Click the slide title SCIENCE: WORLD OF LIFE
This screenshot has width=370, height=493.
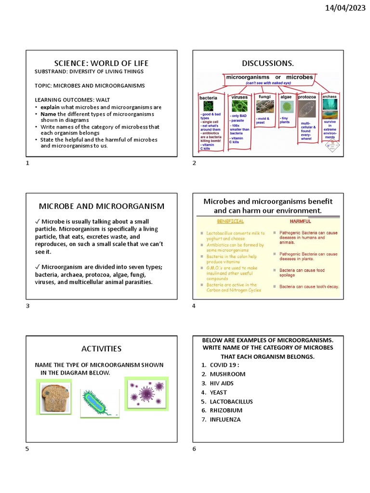point(101,63)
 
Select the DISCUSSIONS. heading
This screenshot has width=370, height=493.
point(268,63)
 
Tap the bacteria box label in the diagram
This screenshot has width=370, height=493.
point(208,98)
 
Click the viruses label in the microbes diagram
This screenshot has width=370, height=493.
point(239,97)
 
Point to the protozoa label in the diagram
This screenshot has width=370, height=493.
point(306,97)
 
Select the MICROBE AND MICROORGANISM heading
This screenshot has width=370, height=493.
point(101,206)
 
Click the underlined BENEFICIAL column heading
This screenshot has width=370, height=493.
point(230,221)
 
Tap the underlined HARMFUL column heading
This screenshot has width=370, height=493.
point(300,221)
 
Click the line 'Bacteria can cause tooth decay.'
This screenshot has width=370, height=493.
point(309,286)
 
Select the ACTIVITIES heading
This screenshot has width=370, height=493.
point(101,349)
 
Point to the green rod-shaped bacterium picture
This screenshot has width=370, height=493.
point(98,402)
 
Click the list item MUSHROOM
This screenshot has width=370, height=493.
point(227,374)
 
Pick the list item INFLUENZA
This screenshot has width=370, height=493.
point(225,419)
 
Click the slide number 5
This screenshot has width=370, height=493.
point(27,449)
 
